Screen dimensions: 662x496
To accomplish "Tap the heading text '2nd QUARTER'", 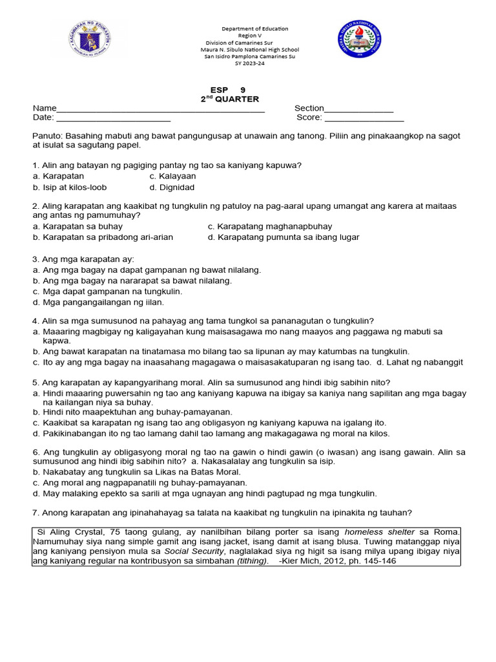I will [x=229, y=99].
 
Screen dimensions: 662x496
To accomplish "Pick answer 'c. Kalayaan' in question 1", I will [x=172, y=176].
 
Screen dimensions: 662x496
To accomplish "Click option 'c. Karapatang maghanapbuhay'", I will [x=270, y=226].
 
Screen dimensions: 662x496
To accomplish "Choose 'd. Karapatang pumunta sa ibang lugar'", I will [x=284, y=237].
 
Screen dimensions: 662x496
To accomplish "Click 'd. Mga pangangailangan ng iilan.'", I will [x=98, y=302].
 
